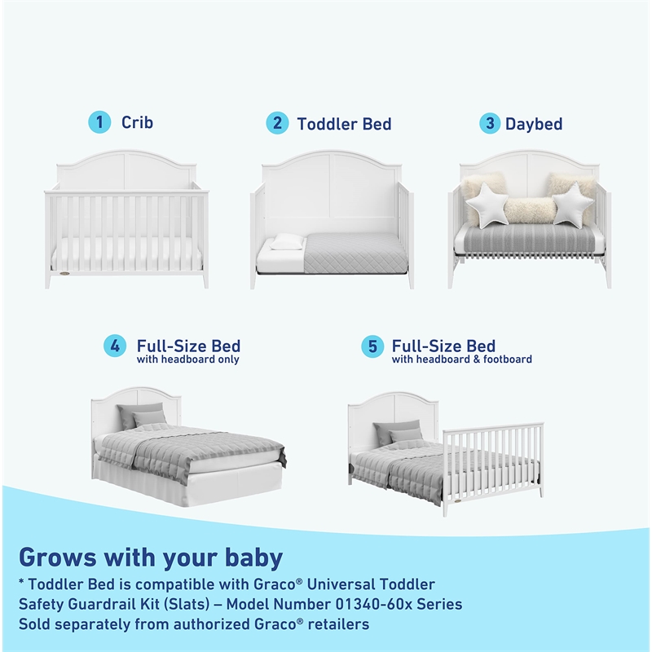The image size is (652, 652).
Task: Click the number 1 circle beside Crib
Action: (x=99, y=123)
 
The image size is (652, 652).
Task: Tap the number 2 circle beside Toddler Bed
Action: (x=277, y=124)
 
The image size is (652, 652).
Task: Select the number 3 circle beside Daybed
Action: (x=489, y=124)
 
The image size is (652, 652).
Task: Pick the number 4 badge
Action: (x=115, y=346)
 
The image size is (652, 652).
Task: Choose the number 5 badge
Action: (x=372, y=346)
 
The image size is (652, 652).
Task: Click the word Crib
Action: (x=137, y=123)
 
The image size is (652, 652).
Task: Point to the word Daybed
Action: (x=534, y=124)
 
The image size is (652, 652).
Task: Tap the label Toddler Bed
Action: (x=344, y=124)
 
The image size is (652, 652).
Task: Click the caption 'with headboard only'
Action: (x=187, y=359)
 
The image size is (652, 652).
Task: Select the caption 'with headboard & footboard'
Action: (x=461, y=359)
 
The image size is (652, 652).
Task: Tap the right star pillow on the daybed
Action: (x=573, y=203)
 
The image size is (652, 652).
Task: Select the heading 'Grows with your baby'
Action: (x=151, y=557)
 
